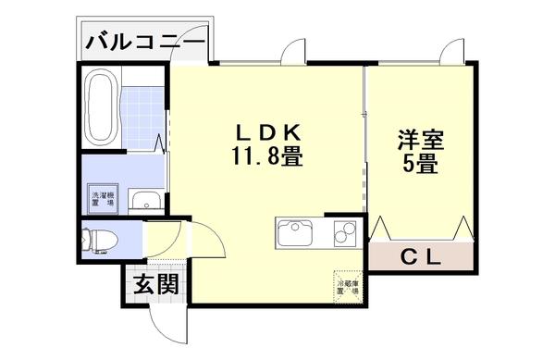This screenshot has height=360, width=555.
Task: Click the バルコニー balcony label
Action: (x=145, y=42)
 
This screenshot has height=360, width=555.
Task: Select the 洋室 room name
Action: (x=421, y=143)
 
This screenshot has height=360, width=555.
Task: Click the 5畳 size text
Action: (x=421, y=168)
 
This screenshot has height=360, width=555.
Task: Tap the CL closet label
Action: (x=422, y=254)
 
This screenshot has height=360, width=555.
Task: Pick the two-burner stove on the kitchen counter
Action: (x=340, y=232)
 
